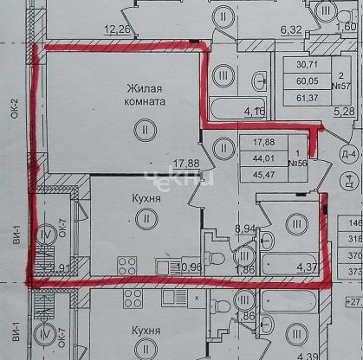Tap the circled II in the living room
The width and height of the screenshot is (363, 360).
[x=141, y=129]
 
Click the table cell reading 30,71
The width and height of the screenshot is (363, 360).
[x=305, y=64]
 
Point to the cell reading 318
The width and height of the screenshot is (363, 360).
[x=354, y=241]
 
